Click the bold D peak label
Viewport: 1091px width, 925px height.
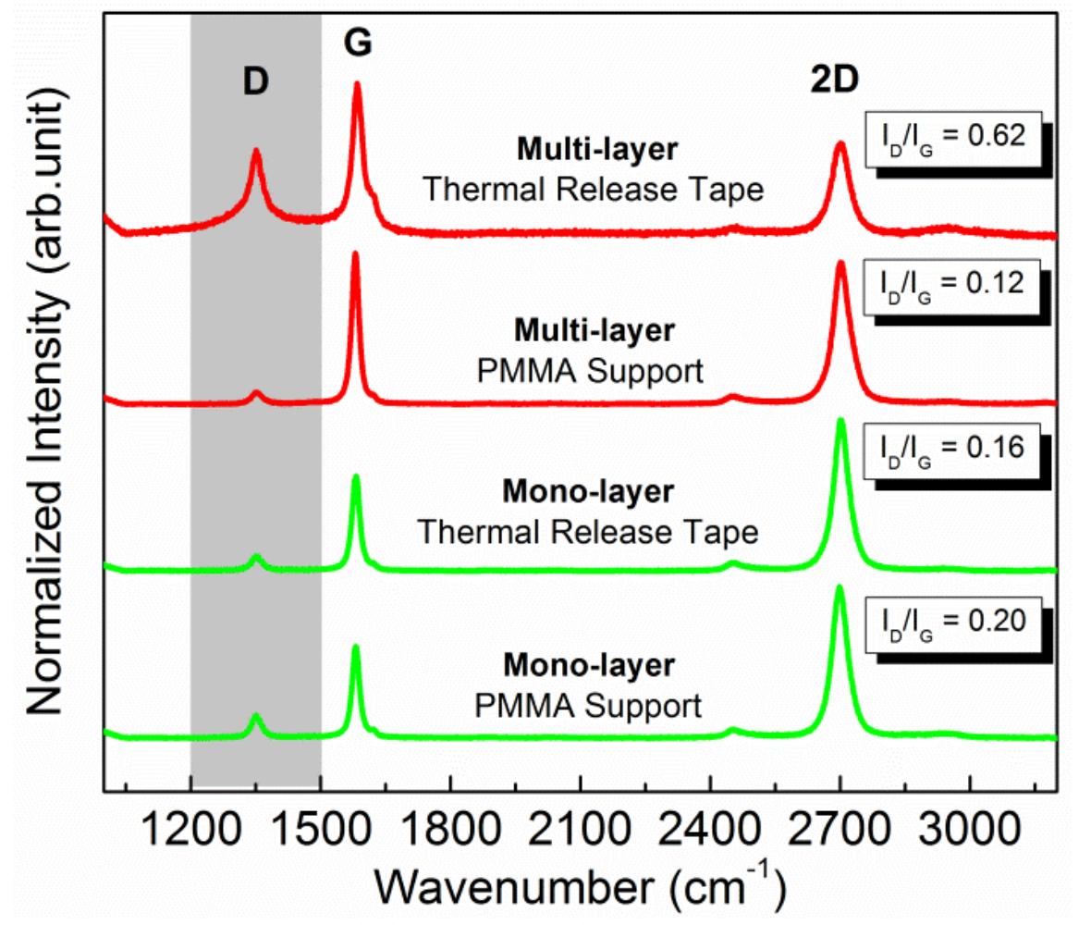pyautogui.click(x=255, y=82)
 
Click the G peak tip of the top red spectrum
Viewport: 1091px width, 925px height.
pyautogui.click(x=357, y=84)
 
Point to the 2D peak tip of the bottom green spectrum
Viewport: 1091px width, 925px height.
pyautogui.click(x=840, y=587)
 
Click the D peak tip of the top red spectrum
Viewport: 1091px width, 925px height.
pyautogui.click(x=256, y=151)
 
